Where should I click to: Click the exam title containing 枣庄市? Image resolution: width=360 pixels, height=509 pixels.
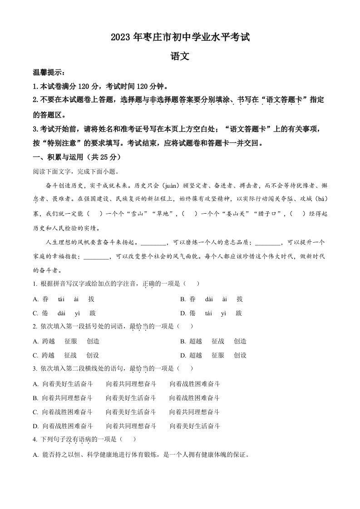tap(180, 38)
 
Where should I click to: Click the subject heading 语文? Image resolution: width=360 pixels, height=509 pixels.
tap(180, 57)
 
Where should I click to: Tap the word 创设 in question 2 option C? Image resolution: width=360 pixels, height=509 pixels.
tap(93, 355)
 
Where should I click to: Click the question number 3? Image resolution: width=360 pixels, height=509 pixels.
tap(35, 369)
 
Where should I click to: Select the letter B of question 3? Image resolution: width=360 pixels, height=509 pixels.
tap(36, 398)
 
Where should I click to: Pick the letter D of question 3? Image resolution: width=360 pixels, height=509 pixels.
tap(36, 426)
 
